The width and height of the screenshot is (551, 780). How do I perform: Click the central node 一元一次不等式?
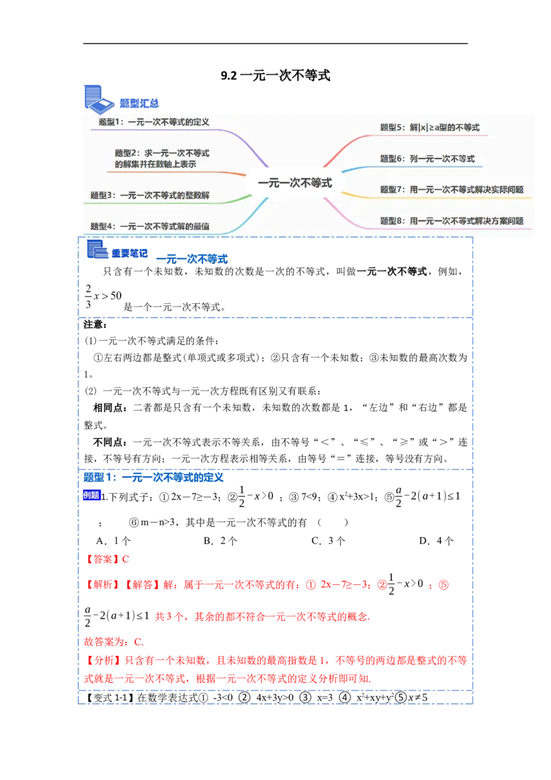(295, 183)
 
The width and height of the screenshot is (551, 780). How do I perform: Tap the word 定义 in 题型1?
(200, 122)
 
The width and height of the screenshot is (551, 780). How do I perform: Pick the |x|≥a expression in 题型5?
(435, 127)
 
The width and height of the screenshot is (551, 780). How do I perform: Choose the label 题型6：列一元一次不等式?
(427, 158)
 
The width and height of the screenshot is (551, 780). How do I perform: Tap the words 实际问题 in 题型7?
(506, 189)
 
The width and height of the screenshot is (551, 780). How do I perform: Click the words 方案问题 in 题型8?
(506, 221)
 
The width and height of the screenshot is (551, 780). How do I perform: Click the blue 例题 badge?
(92, 495)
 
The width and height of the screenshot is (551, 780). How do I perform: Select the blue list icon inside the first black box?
(97, 249)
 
